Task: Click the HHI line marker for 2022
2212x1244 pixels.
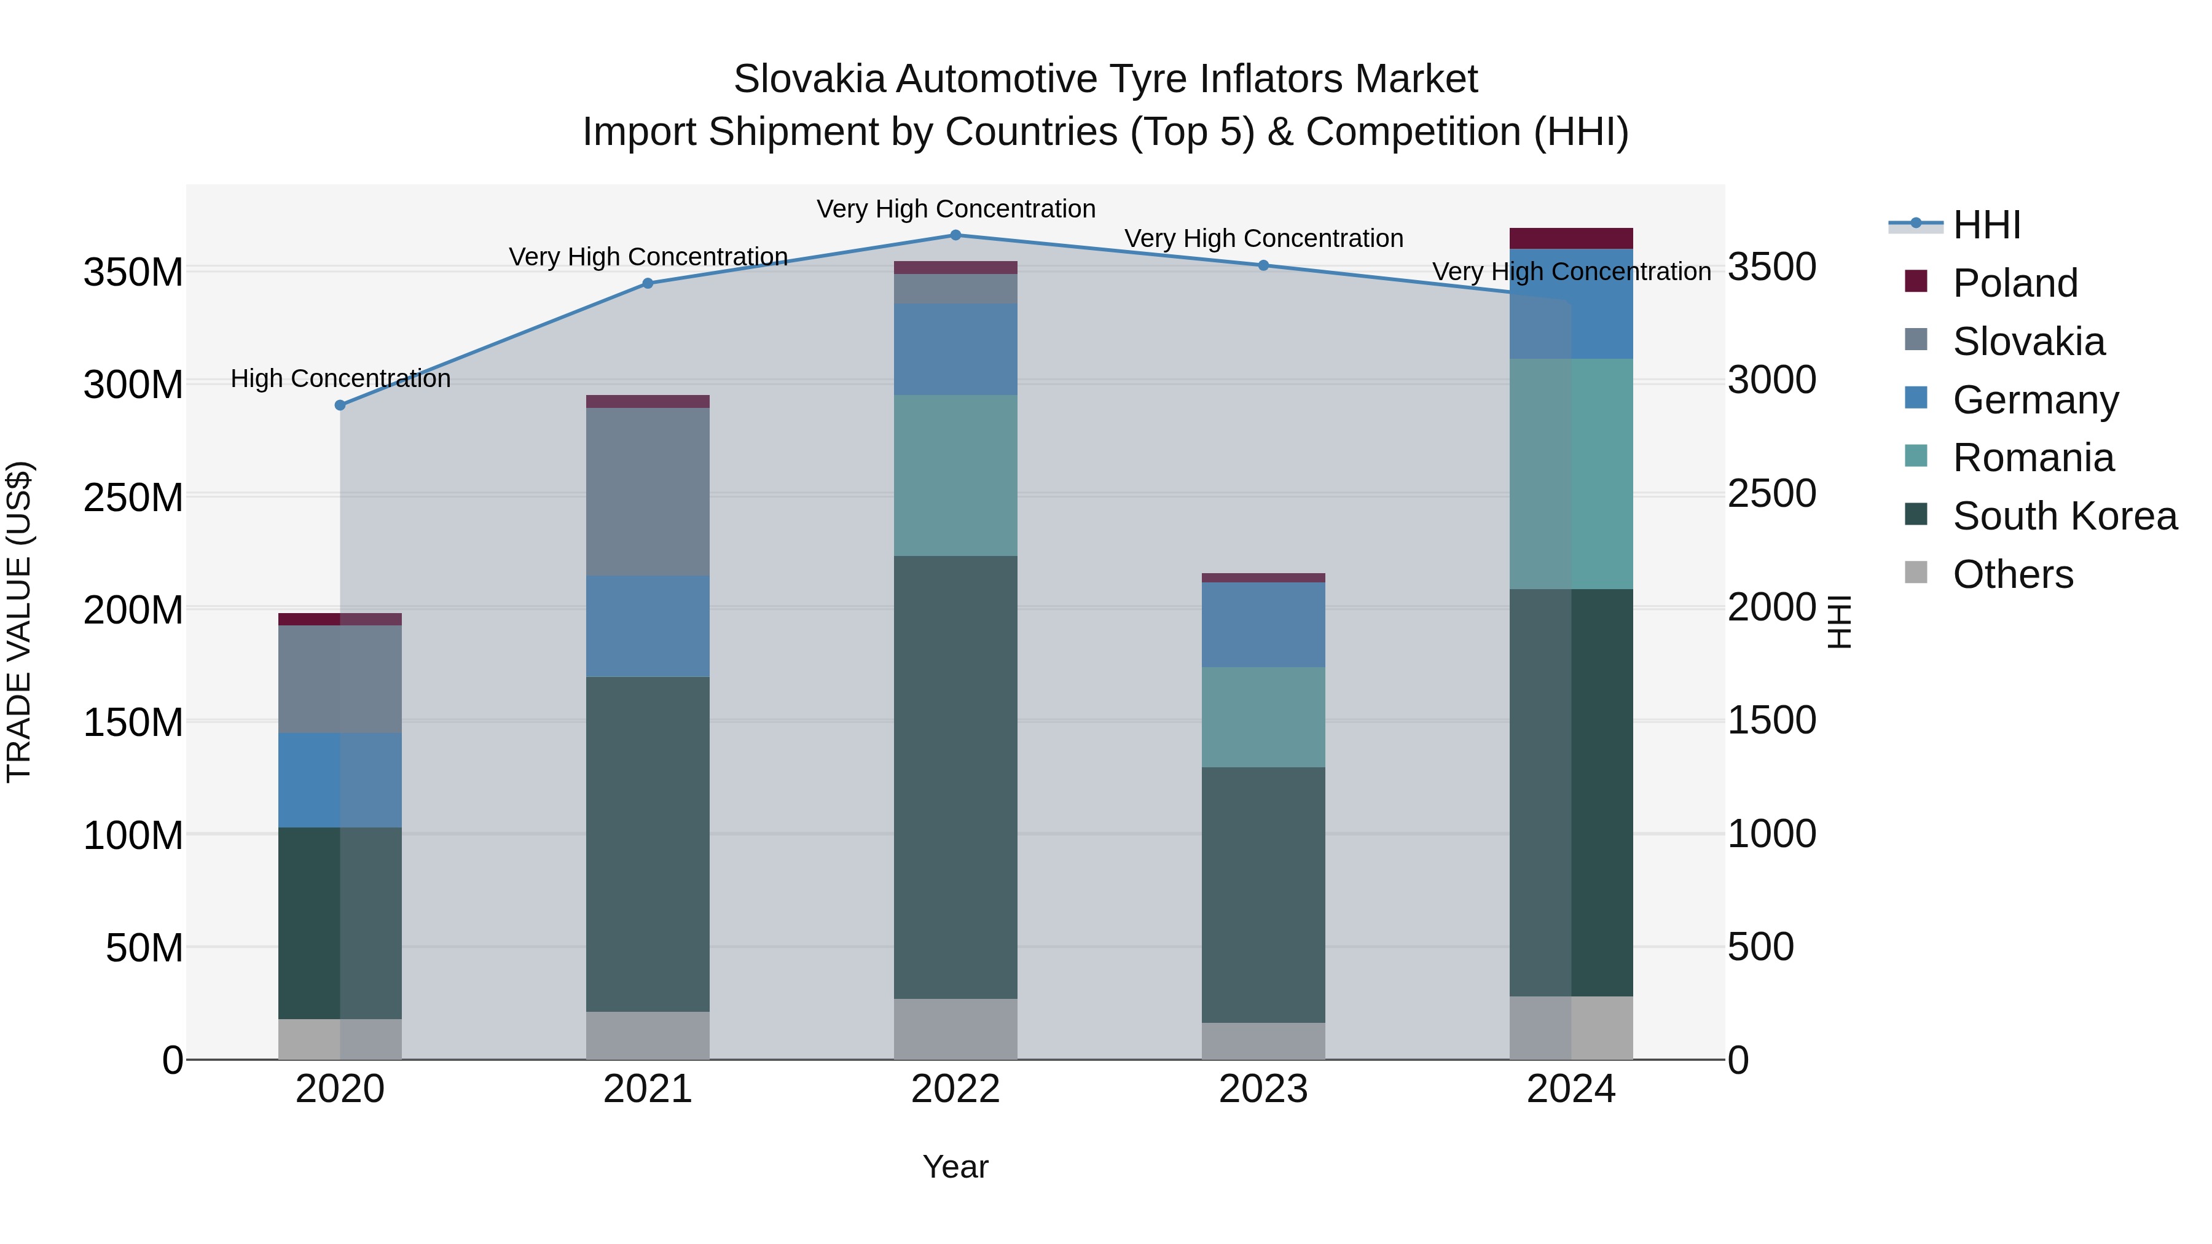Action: (x=955, y=235)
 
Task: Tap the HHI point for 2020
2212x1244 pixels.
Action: (x=340, y=405)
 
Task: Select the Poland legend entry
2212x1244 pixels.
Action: (x=2014, y=283)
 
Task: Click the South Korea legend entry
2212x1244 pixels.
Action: (x=2063, y=516)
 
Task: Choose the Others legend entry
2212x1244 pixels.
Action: (x=2012, y=574)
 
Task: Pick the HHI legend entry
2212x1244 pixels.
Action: (x=1985, y=225)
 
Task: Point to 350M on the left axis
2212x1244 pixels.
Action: (x=133, y=273)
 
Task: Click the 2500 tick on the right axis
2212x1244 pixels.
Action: (x=1771, y=495)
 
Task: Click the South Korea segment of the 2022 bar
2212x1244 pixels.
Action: (x=955, y=777)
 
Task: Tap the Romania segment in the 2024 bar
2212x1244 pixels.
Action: (x=1571, y=474)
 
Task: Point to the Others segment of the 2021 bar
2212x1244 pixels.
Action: (x=648, y=1035)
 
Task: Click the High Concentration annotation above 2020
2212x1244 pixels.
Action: (x=340, y=378)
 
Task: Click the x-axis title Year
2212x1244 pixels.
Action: (x=955, y=1167)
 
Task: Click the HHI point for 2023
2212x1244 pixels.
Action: (x=1263, y=265)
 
